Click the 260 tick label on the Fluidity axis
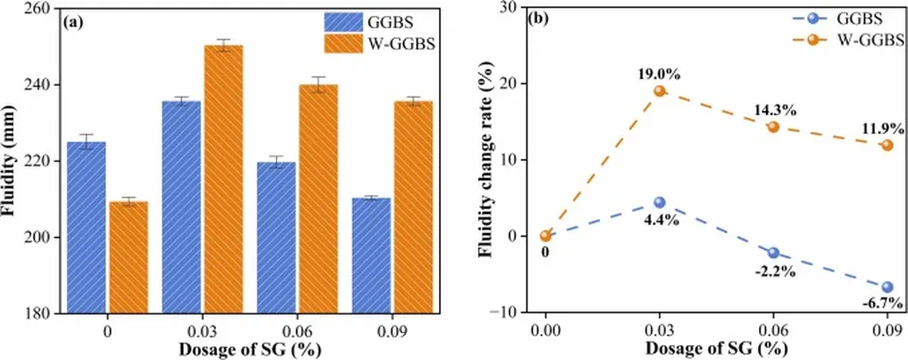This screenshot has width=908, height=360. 35,9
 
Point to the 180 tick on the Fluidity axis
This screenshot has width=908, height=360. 35,313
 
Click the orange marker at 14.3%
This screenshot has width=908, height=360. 773,127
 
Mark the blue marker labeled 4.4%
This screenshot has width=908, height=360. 659,203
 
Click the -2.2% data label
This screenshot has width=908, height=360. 773,271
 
